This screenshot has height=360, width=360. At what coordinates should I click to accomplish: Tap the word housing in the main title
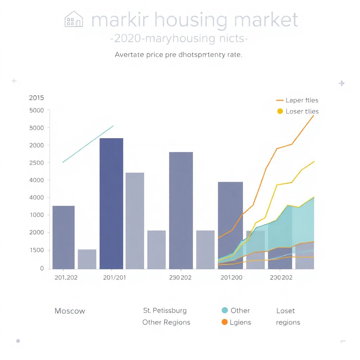pyautogui.click(x=192, y=20)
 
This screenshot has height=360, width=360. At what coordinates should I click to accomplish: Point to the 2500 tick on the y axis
pyautogui.click(x=37, y=163)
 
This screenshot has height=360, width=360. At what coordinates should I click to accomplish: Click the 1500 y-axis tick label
pyautogui.click(x=37, y=250)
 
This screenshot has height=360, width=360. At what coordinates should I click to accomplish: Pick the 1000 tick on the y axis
pyautogui.click(x=37, y=215)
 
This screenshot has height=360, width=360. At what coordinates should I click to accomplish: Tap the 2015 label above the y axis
pyautogui.click(x=36, y=98)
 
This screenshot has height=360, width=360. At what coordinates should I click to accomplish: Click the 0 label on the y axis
pyautogui.click(x=42, y=269)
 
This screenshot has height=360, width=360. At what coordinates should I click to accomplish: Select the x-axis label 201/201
pyautogui.click(x=114, y=277)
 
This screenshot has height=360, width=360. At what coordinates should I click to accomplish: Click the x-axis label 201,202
pyautogui.click(x=66, y=277)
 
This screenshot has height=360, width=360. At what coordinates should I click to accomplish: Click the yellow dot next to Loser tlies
pyautogui.click(x=280, y=111)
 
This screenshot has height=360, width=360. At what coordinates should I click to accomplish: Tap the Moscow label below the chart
pyautogui.click(x=70, y=311)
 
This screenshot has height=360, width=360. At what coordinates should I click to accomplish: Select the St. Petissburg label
pyautogui.click(x=165, y=311)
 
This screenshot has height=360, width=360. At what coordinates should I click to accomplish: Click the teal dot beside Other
pyautogui.click(x=225, y=310)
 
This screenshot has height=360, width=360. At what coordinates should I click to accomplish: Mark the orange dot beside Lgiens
pyautogui.click(x=225, y=322)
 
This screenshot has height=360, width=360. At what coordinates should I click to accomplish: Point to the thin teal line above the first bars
pyautogui.click(x=88, y=144)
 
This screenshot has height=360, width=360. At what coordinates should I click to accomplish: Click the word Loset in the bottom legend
pyautogui.click(x=285, y=311)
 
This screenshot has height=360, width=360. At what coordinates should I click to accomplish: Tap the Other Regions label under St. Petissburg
pyautogui.click(x=166, y=322)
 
